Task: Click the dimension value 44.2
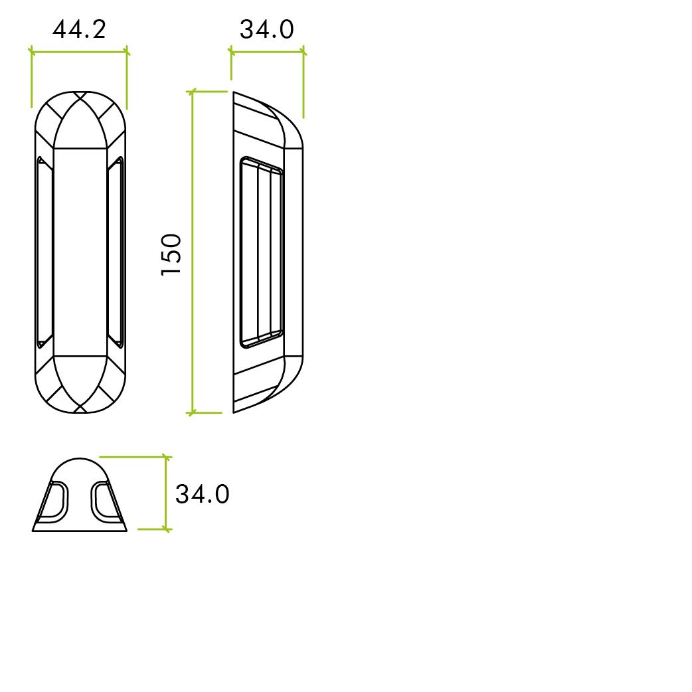(78, 29)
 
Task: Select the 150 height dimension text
(171, 254)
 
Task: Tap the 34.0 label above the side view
(266, 29)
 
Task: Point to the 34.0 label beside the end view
(202, 494)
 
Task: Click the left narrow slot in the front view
(44, 252)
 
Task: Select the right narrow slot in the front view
(116, 252)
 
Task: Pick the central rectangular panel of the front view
(80, 252)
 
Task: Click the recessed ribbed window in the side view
(261, 252)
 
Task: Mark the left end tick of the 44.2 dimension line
(32, 51)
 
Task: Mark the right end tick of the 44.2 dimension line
(126, 51)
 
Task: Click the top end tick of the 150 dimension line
(193, 92)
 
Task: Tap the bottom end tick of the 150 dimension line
(193, 412)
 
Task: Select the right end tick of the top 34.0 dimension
(303, 51)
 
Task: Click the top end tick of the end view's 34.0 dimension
(166, 457)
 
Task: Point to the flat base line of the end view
(80, 531)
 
